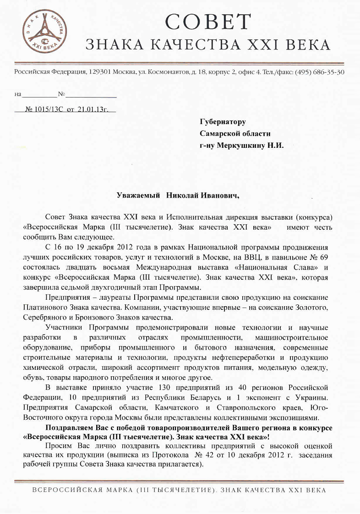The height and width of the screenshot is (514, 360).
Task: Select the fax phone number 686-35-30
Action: pos(328,72)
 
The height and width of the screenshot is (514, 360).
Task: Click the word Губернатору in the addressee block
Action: pos(223,122)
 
